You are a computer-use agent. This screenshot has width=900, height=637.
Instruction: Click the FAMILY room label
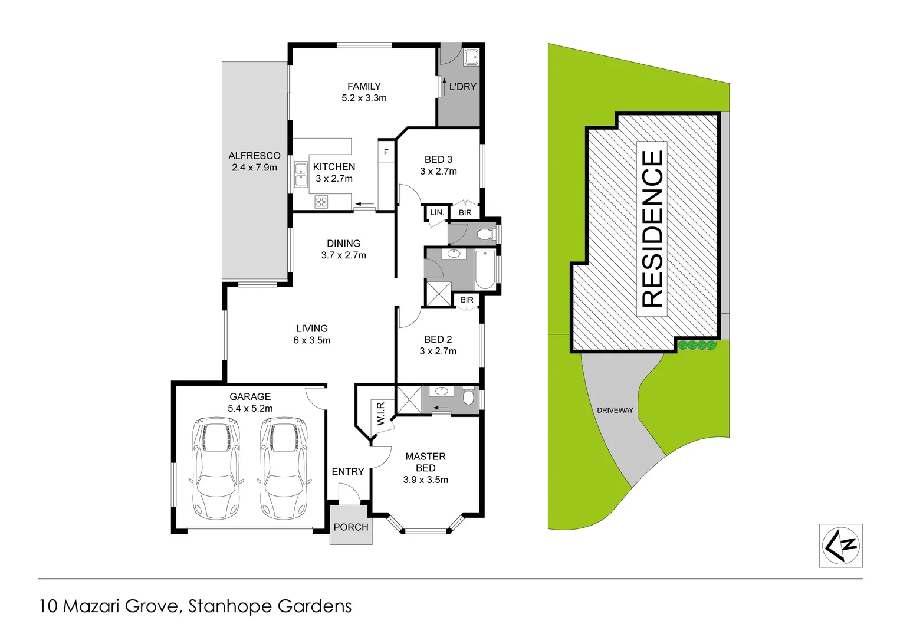pyautogui.click(x=364, y=87)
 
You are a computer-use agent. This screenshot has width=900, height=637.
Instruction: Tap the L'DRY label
pyautogui.click(x=462, y=87)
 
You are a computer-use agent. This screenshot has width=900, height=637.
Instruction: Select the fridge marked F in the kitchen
pyautogui.click(x=386, y=152)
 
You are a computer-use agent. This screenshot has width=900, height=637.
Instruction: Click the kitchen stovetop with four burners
pyautogui.click(x=321, y=202)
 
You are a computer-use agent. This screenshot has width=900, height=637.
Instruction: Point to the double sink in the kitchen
pyautogui.click(x=301, y=175)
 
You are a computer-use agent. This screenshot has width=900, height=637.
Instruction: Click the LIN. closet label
pyautogui.click(x=437, y=212)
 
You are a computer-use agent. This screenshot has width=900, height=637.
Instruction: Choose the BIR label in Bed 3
pyautogui.click(x=465, y=212)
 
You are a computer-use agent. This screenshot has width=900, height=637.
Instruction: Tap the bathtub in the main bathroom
pyautogui.click(x=485, y=270)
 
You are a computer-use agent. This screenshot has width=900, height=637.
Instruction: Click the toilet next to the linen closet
pyautogui.click(x=485, y=235)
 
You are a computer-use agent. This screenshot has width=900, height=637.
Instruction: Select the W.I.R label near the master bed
pyautogui.click(x=380, y=413)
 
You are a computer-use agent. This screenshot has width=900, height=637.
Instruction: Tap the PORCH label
pyautogui.click(x=351, y=527)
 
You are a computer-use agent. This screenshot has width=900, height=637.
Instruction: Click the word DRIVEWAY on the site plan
pyautogui.click(x=615, y=410)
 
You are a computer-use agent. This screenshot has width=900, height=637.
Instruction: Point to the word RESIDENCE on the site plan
pyautogui.click(x=652, y=228)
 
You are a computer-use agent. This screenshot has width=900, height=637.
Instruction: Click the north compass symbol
pyautogui.click(x=841, y=546)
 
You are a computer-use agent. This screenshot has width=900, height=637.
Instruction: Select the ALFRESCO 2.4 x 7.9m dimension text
pyautogui.click(x=254, y=168)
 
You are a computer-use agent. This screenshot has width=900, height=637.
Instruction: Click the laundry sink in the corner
pyautogui.click(x=471, y=57)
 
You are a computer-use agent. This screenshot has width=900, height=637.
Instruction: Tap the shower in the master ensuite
pyautogui.click(x=409, y=399)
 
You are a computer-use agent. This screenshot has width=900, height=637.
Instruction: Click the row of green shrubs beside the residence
pyautogui.click(x=697, y=345)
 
